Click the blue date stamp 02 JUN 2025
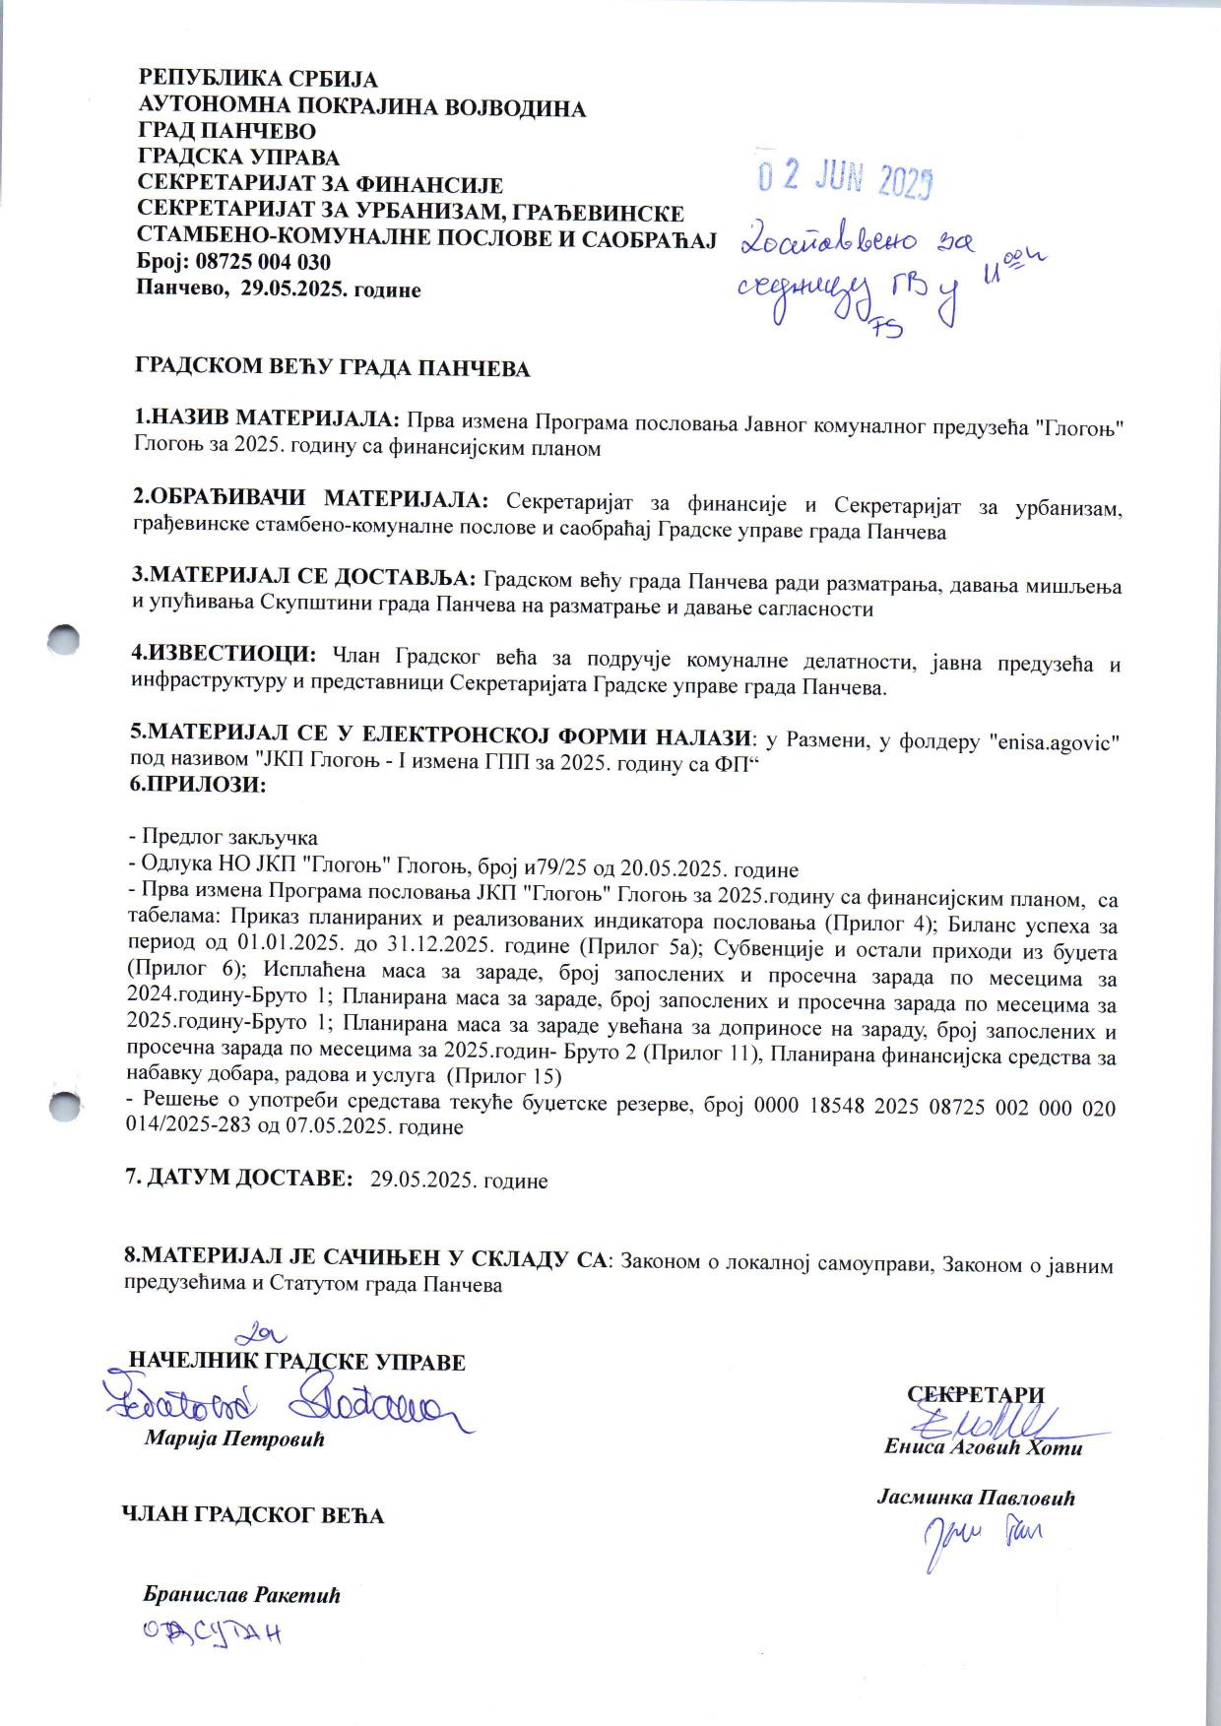click(844, 178)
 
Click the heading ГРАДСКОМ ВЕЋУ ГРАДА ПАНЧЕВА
click(332, 369)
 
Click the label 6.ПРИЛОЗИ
click(198, 785)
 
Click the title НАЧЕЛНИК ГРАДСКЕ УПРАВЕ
click(297, 1363)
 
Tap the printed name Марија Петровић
click(234, 1438)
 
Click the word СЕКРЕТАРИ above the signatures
click(975, 1394)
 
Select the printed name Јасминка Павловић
click(976, 1499)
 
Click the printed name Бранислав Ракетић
click(241, 1595)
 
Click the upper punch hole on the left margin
click(64, 637)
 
